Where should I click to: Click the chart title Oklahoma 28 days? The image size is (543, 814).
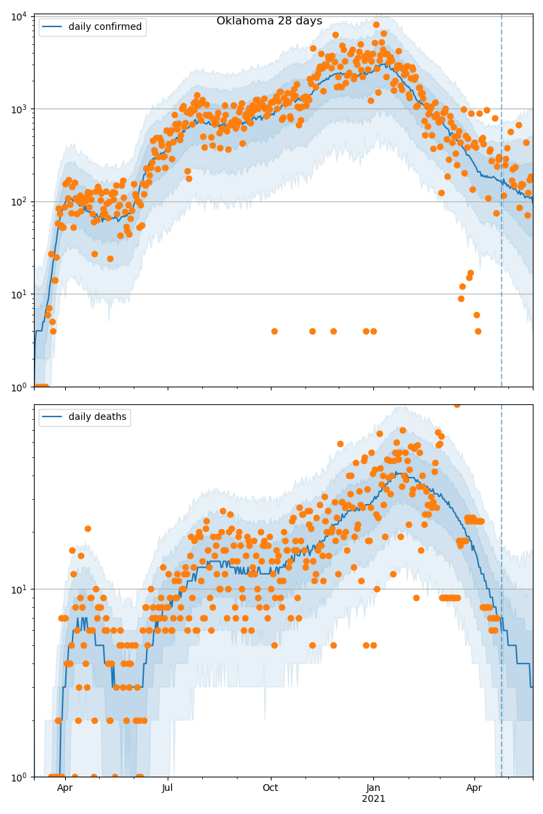click(x=269, y=21)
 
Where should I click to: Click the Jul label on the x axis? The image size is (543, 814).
click(x=168, y=788)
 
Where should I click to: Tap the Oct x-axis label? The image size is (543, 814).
click(x=271, y=788)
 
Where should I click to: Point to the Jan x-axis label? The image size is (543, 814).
click(x=373, y=788)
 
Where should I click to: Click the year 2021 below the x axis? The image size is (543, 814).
click(x=373, y=799)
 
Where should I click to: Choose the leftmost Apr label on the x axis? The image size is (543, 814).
click(x=65, y=788)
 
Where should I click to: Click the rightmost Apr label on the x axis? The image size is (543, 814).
click(x=474, y=788)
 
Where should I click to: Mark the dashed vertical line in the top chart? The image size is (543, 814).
click(x=502, y=203)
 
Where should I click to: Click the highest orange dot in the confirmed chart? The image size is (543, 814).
click(x=376, y=24)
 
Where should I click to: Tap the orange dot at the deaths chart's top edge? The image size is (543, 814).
click(x=457, y=405)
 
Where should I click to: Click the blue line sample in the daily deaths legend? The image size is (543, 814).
click(x=53, y=417)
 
